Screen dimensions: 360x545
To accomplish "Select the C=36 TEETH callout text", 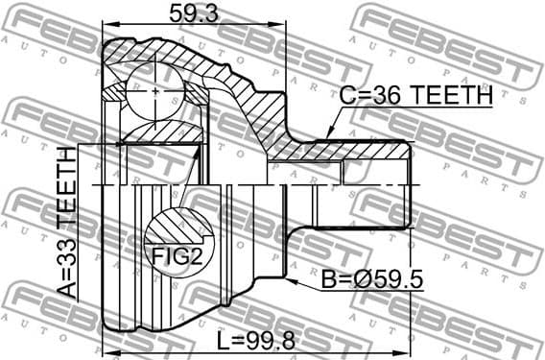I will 415,97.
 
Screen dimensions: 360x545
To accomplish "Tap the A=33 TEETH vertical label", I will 64,223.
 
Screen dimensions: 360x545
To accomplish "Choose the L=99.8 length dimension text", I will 254,341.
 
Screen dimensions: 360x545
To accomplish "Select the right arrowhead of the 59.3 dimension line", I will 284,26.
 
